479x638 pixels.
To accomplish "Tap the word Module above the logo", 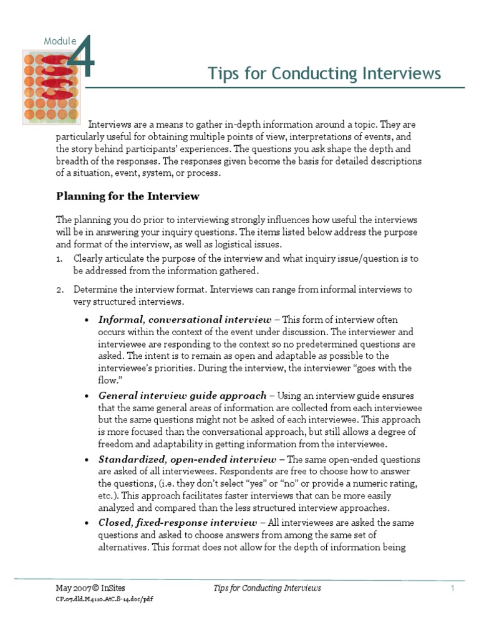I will tap(60, 41).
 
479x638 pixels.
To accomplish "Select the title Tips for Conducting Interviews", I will tap(324, 74).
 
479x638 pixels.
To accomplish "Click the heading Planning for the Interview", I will tap(128, 196).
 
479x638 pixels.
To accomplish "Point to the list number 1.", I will tap(60, 259).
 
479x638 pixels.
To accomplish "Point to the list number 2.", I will tap(60, 290).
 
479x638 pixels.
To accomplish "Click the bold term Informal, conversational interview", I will tap(185, 320).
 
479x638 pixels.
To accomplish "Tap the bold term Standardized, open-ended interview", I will tap(187, 460).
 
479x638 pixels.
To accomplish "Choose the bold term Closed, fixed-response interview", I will tap(181, 523).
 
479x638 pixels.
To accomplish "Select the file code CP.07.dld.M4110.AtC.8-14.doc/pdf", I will tap(105, 599).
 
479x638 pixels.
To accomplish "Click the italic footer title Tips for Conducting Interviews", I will tap(267, 588).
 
